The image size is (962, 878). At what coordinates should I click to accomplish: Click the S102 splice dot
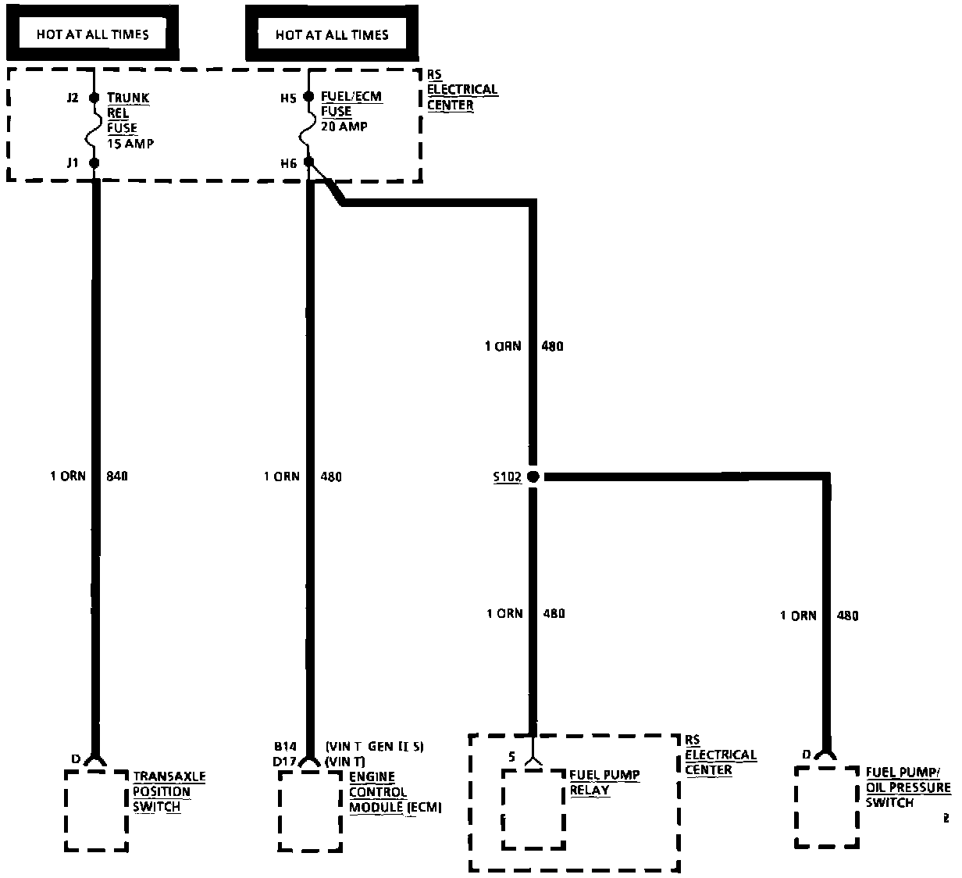coord(533,476)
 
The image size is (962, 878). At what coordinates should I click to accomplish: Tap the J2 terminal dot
coord(94,98)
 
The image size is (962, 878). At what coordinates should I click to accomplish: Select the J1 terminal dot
coord(94,162)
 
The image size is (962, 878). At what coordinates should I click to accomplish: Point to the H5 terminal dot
coord(308,98)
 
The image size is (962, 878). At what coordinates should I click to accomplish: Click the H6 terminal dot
coord(308,162)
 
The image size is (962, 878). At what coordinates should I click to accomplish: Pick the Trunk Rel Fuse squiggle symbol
coord(94,130)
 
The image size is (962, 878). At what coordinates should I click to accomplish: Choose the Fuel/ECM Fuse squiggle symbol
coord(308,130)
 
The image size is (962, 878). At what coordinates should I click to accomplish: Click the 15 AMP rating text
coord(130,144)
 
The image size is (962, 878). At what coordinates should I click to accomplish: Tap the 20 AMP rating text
coord(344,127)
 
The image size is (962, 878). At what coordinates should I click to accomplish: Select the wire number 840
coord(116,476)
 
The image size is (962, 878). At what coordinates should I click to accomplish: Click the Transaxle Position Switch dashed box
coord(96,811)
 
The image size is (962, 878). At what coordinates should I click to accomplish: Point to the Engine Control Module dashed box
coord(310,811)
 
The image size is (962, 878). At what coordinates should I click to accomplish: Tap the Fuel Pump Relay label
coord(604,783)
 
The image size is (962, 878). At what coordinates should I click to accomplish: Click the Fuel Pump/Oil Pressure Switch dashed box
coord(826,807)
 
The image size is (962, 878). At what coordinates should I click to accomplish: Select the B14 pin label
coord(284,746)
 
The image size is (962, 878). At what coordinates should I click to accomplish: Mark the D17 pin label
coord(284,761)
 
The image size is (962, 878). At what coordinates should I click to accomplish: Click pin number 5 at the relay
coord(511,756)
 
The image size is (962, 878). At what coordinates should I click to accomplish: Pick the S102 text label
coord(508,476)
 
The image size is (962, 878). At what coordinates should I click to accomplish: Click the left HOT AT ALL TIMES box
coord(92,34)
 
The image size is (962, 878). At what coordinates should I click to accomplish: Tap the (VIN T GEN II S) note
coord(374,746)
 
